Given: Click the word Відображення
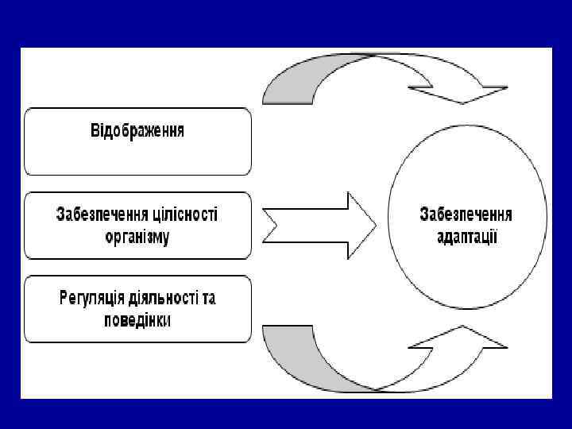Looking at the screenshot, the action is pyautogui.click(x=137, y=130).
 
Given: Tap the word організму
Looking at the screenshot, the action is pyautogui.click(x=137, y=237).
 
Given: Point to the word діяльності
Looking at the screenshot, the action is pyautogui.click(x=165, y=299).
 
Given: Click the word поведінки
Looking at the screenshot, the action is pyautogui.click(x=137, y=320).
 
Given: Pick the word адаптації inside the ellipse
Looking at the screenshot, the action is pyautogui.click(x=466, y=237).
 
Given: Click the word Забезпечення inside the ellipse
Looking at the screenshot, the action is pyautogui.click(x=466, y=214).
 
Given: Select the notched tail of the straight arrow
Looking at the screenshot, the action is pyautogui.click(x=270, y=225).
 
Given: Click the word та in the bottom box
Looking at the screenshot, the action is pyautogui.click(x=208, y=299).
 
